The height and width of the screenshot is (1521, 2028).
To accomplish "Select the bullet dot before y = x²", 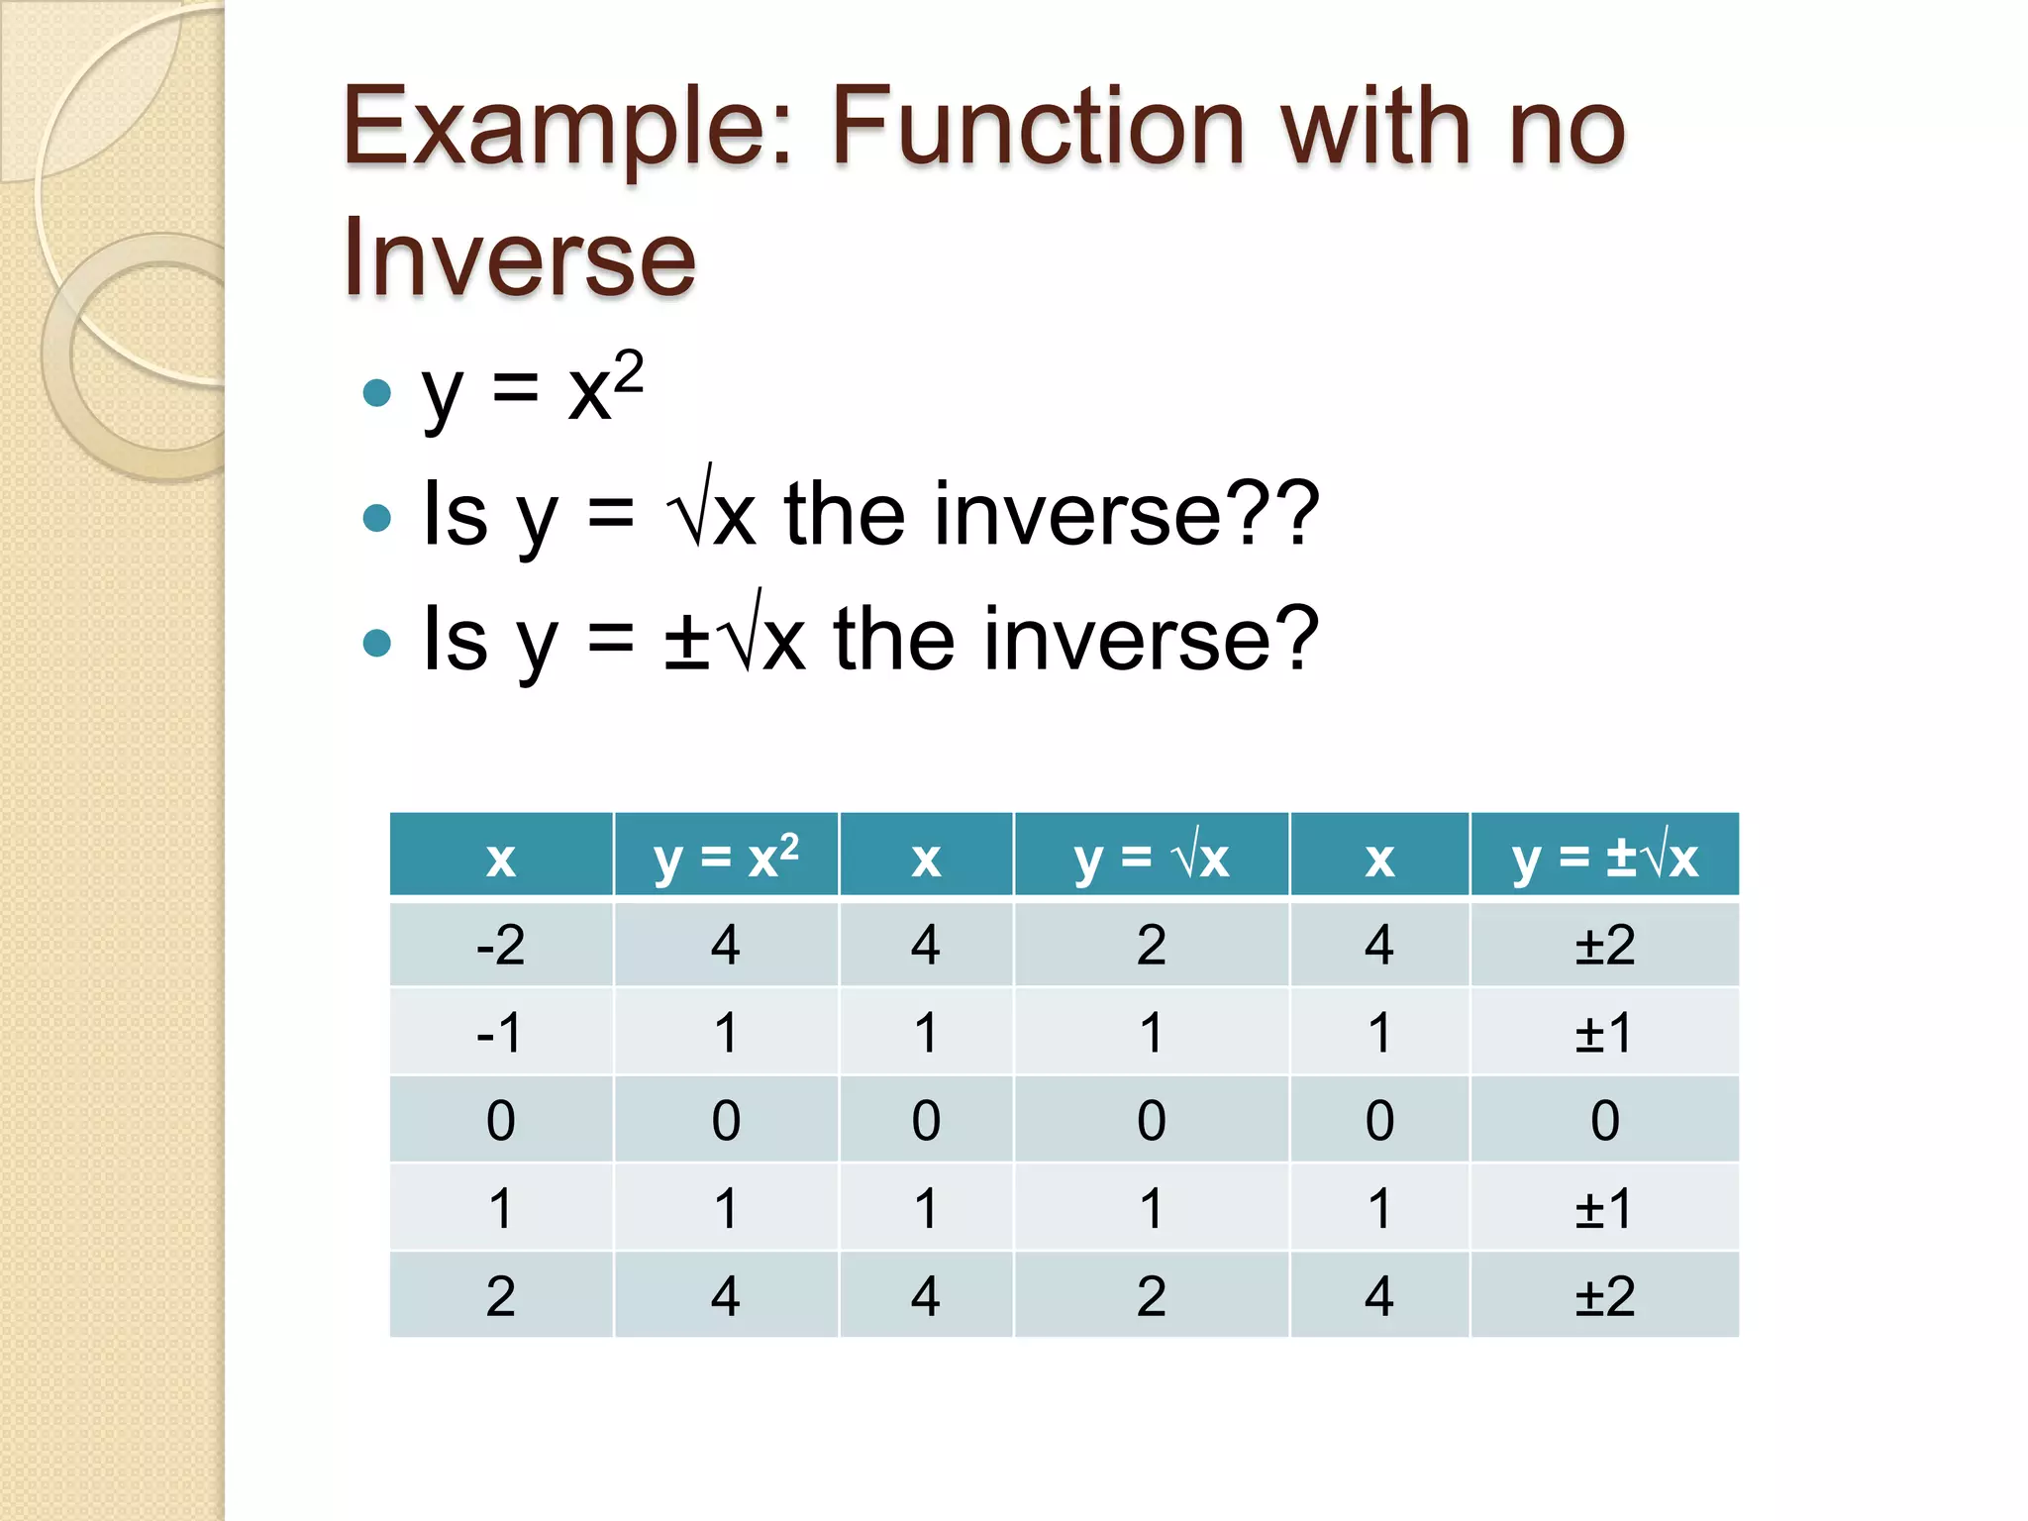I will [377, 393].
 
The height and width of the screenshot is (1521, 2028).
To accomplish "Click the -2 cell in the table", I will [500, 945].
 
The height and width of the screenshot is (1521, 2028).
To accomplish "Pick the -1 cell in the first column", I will [500, 1033].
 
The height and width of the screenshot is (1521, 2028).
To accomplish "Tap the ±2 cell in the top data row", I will [1604, 945].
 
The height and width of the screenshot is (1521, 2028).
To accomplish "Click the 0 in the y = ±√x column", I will [1604, 1121].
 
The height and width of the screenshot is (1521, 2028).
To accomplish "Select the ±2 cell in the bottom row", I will [1604, 1296].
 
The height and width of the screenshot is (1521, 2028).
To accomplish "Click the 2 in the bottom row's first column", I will [500, 1296].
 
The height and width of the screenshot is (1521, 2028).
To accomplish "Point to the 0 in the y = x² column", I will [726, 1121].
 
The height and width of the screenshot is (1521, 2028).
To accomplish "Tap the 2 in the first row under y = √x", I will [1151, 945].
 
